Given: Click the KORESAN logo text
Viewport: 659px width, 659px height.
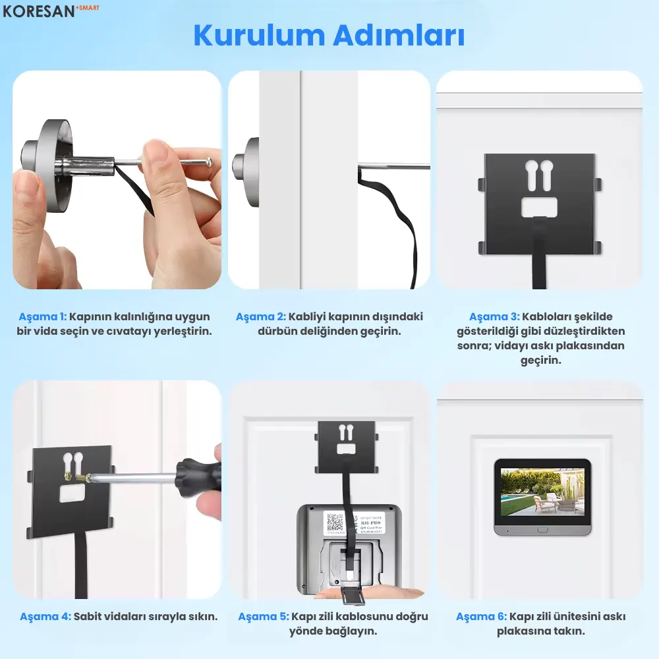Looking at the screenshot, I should (43, 12).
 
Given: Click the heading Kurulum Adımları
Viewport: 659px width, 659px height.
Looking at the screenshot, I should (329, 36).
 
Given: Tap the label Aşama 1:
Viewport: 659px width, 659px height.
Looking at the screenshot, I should (43, 316).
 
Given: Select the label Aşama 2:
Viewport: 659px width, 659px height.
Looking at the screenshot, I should (261, 316).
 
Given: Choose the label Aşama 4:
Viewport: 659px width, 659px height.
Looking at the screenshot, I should (45, 617).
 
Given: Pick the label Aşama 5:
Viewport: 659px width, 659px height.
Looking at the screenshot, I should (263, 617).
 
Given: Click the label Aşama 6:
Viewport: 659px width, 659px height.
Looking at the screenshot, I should (481, 617).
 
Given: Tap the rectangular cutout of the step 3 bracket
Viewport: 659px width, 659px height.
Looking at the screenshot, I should (539, 208).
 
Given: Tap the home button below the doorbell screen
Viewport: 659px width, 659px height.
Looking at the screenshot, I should (542, 529).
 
